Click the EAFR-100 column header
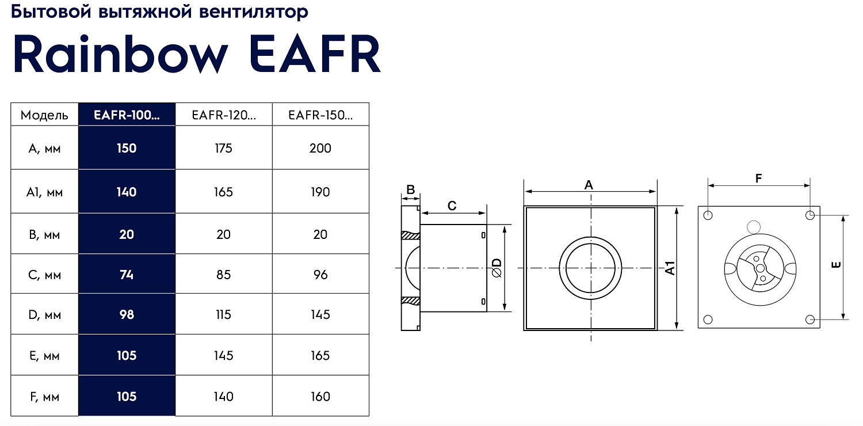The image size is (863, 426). click(127, 115)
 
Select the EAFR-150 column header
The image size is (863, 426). click(320, 115)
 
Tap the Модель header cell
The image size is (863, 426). click(44, 115)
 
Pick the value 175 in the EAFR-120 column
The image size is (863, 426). click(223, 149)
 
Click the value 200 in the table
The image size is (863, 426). click(320, 149)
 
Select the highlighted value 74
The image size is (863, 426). click(127, 275)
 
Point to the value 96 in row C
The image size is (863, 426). click(320, 275)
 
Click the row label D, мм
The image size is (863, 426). click(44, 315)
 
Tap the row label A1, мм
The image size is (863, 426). click(44, 192)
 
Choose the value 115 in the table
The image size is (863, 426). click(223, 315)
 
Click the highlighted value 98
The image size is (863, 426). click(127, 315)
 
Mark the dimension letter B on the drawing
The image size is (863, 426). click(410, 189)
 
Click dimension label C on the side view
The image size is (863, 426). click(452, 206)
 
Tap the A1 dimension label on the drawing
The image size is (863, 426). click(670, 268)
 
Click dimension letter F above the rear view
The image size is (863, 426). click(758, 179)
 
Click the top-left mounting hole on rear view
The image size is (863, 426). click(708, 215)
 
